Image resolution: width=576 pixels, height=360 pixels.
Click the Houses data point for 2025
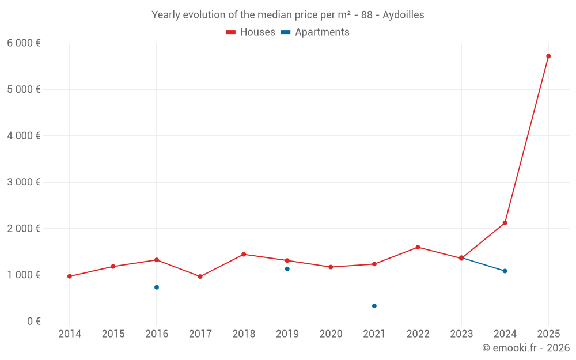click(x=548, y=56)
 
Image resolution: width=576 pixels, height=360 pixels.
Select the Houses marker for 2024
click(x=505, y=223)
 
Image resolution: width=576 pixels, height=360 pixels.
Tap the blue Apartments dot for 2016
click(x=157, y=287)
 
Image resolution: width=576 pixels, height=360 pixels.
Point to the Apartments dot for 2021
click(x=374, y=306)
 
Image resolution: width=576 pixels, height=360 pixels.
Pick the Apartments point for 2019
click(x=287, y=269)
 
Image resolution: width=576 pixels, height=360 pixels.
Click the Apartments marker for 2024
click(x=505, y=271)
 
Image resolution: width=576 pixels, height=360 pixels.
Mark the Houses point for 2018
click(x=244, y=254)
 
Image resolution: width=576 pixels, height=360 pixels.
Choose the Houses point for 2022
click(x=418, y=247)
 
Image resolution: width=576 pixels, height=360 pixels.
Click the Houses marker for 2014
click(x=70, y=276)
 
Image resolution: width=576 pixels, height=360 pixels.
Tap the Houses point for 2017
click(x=200, y=276)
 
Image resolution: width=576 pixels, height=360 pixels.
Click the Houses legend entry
click(x=251, y=32)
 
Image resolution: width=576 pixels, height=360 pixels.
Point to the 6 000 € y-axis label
click(x=24, y=43)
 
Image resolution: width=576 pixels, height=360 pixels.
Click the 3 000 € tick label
click(x=24, y=182)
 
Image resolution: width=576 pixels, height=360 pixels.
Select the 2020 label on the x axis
click(x=331, y=334)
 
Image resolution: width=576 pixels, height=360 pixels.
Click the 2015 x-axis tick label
click(x=113, y=334)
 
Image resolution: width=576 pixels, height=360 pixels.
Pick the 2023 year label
click(x=461, y=334)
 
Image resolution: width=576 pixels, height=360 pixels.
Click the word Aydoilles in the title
click(x=403, y=15)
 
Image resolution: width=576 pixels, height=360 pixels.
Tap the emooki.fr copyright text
click(x=526, y=348)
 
